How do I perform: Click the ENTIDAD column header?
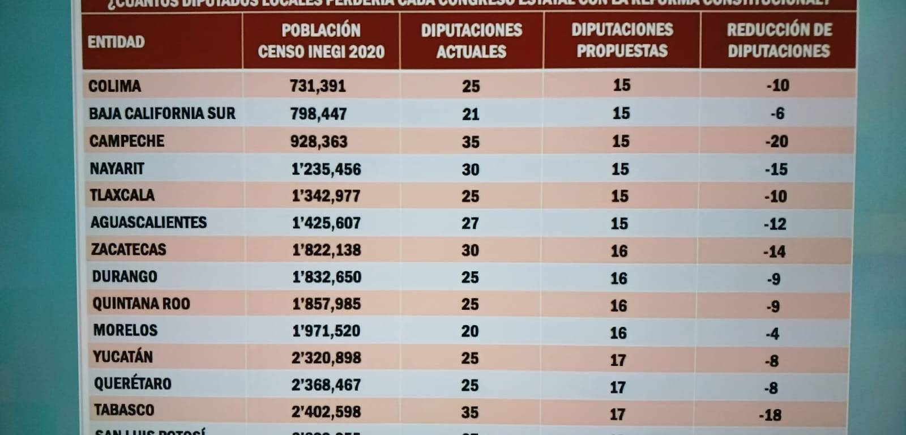pos(116,42)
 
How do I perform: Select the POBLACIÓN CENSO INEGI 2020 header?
pos(321,41)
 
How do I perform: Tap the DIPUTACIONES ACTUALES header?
pos(471,41)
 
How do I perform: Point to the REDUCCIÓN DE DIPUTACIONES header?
pos(779,40)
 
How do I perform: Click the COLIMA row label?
pos(114,86)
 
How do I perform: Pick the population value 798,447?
pos(318,114)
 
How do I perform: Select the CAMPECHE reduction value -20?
pos(776,141)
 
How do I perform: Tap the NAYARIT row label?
pos(117,169)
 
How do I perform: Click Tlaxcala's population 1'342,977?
pos(326,196)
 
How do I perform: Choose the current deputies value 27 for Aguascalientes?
pos(470,223)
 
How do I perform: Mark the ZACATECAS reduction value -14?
pos(774,251)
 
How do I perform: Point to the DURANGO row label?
pos(125,276)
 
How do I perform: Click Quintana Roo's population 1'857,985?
pos(327,304)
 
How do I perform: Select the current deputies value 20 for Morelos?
pos(470,331)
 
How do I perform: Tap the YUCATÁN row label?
pos(123,357)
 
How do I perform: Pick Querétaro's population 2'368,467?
pos(326,385)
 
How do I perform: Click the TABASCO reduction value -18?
pos(770,415)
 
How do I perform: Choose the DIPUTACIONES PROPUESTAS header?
pos(622,40)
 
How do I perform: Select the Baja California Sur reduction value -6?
pos(777,113)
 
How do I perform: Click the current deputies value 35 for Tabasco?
pos(470,412)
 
